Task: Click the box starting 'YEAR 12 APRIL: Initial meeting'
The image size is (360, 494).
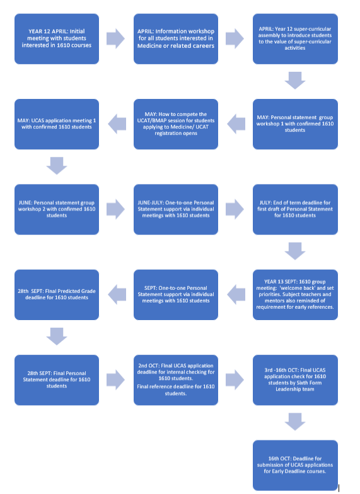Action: pyautogui.click(x=57, y=39)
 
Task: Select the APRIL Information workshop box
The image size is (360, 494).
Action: pyautogui.click(x=176, y=39)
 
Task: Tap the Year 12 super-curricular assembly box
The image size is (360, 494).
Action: pyautogui.click(x=295, y=39)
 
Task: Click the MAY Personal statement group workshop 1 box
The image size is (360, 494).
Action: pyautogui.click(x=295, y=124)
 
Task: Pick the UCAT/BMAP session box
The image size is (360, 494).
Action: pyautogui.click(x=176, y=124)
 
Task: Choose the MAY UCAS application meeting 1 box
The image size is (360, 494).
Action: pyautogui.click(x=57, y=124)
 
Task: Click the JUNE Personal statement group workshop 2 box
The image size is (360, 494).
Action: pyautogui.click(x=57, y=209)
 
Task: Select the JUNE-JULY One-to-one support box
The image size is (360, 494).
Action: pyautogui.click(x=176, y=209)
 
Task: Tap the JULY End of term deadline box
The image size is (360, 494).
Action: pyautogui.click(x=295, y=209)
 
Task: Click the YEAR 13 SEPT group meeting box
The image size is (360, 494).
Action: pyautogui.click(x=295, y=295)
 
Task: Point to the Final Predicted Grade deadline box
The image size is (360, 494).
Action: pyautogui.click(x=57, y=295)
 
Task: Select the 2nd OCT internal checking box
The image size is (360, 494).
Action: pyautogui.click(x=176, y=380)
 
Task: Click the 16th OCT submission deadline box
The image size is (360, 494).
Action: pyautogui.click(x=295, y=465)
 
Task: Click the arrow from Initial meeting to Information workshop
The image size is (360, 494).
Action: pyautogui.click(x=116, y=39)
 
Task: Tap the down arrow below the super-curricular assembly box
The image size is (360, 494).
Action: pyautogui.click(x=295, y=81)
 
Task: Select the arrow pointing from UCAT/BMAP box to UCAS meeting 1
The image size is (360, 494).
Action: pyautogui.click(x=117, y=123)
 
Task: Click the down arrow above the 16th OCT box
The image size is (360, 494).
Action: pyautogui.click(x=295, y=422)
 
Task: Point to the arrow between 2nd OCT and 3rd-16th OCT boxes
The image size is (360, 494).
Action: pyautogui.click(x=235, y=380)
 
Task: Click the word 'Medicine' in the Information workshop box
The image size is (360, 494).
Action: pyautogui.click(x=149, y=45)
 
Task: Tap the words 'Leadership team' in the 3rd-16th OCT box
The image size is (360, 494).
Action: pyautogui.click(x=295, y=389)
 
